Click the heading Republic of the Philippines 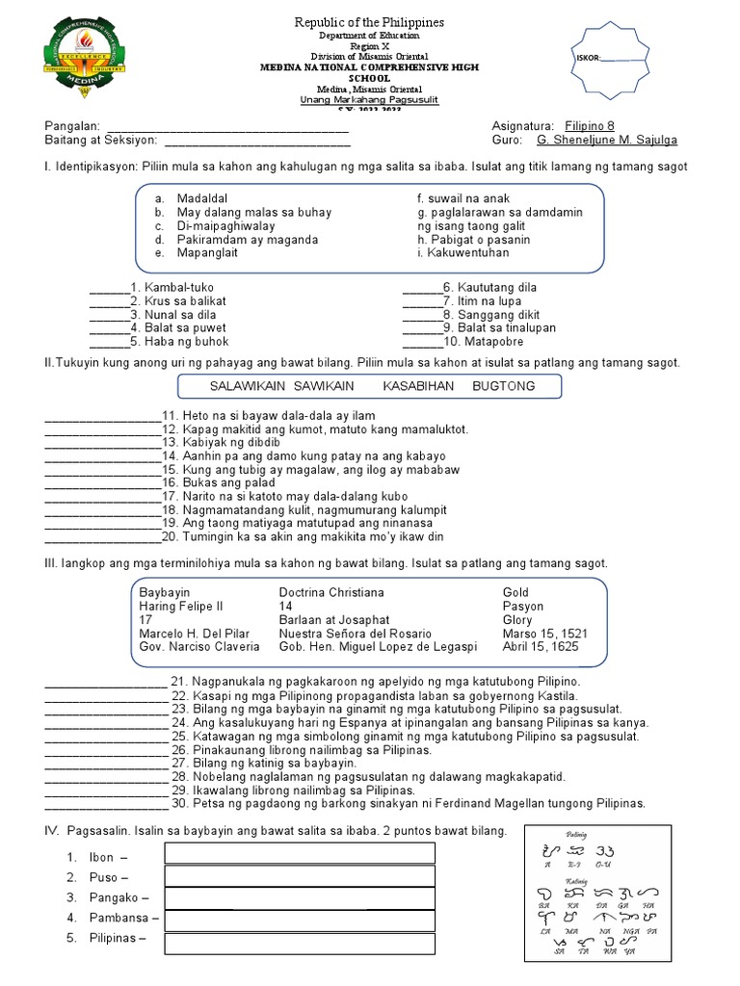[370, 22]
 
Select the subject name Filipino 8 [589, 126]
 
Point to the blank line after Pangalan [226, 128]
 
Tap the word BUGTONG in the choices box [503, 386]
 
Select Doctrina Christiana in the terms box [331, 592]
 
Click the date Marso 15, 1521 [545, 634]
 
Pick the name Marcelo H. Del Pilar [194, 634]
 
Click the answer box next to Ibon [300, 853]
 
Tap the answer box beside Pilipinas [300, 939]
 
